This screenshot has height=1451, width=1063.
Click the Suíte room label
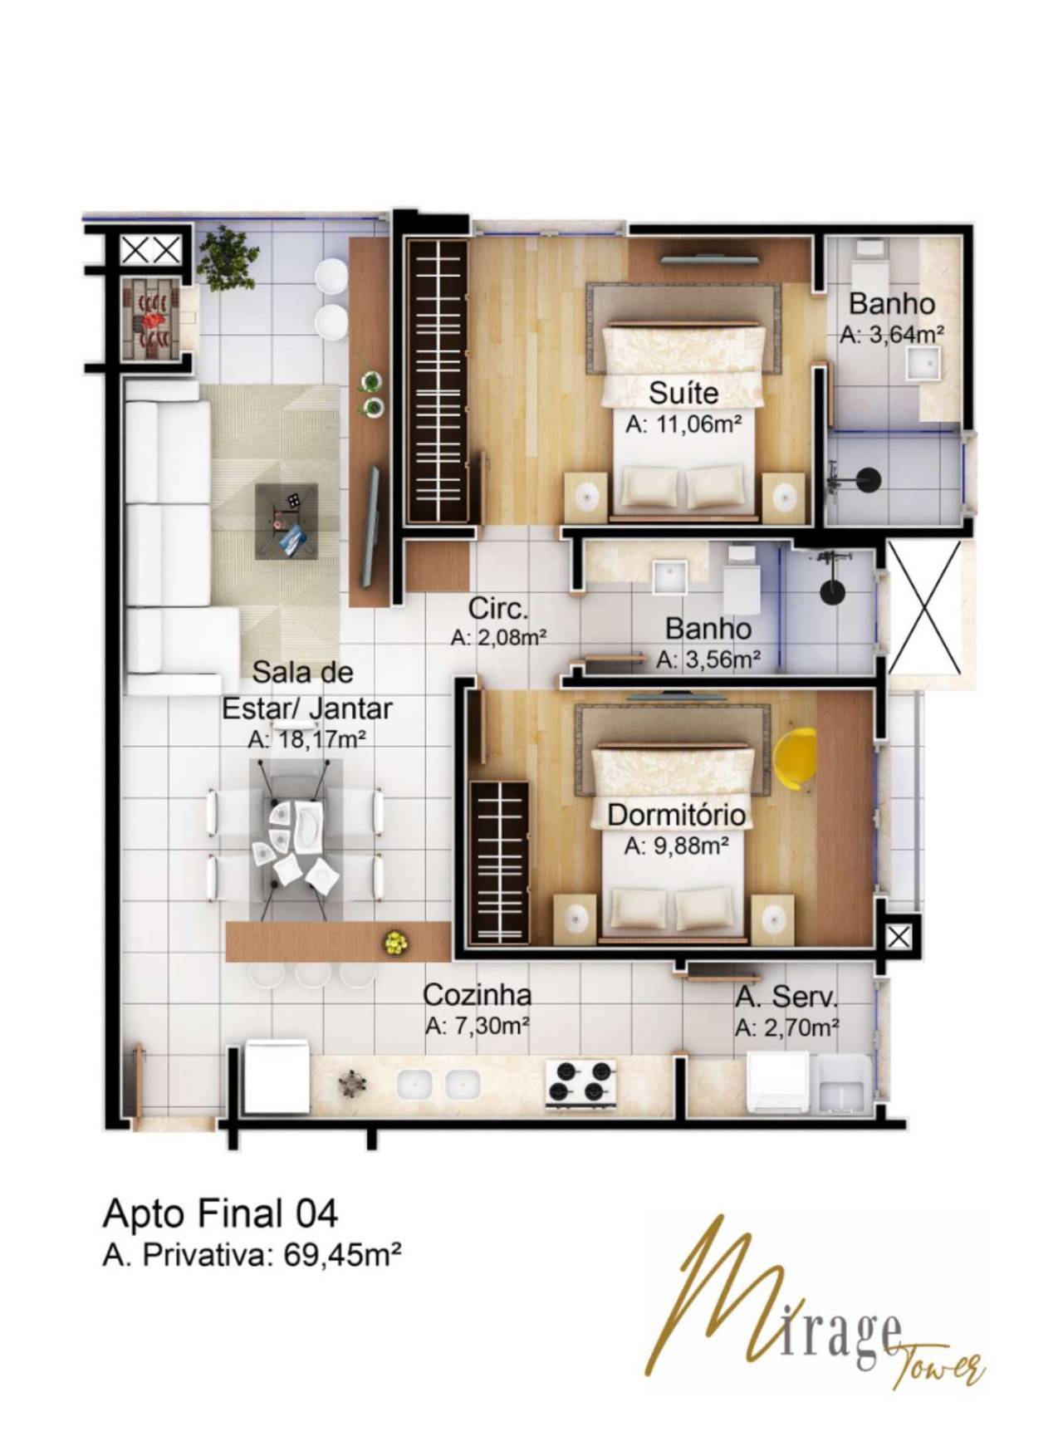tap(683, 392)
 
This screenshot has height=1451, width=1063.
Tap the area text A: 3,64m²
tap(891, 335)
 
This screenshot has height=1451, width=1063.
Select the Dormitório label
tap(676, 815)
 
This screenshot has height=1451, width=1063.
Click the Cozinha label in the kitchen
tap(477, 994)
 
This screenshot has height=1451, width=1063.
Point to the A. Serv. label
tap(786, 997)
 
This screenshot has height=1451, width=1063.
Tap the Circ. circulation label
tap(498, 609)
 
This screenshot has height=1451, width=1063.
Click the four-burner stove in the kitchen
tap(580, 1083)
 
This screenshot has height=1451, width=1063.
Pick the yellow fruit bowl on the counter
tap(394, 943)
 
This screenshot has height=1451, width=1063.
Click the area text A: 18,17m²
tap(307, 739)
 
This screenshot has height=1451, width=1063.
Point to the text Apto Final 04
tap(220, 1214)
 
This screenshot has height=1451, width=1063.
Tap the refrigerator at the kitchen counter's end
tap(277, 1078)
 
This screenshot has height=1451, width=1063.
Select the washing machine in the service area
tap(778, 1081)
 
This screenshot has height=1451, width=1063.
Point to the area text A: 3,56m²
tap(709, 660)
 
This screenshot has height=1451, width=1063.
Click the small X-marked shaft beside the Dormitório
tap(898, 939)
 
